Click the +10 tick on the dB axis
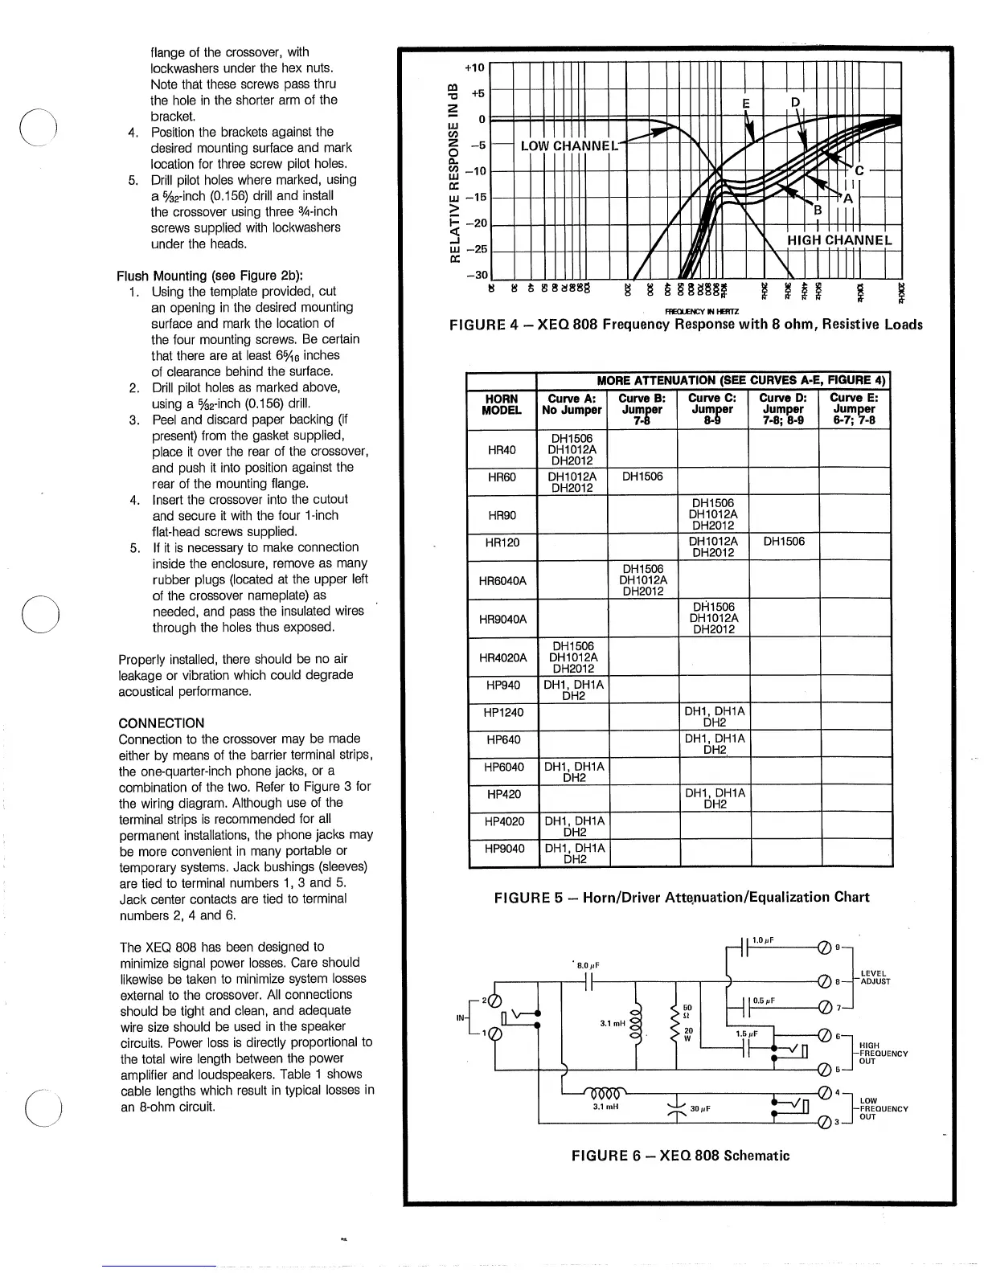[x=476, y=68]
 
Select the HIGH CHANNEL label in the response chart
[x=838, y=239]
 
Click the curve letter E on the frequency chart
[x=746, y=104]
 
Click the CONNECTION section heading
[x=161, y=722]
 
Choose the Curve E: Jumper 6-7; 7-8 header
[x=854, y=408]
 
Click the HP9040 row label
[x=503, y=849]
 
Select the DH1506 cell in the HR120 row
[x=784, y=542]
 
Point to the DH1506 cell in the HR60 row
[x=642, y=477]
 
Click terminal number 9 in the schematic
[x=838, y=948]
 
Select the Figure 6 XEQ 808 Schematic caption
[x=680, y=1156]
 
